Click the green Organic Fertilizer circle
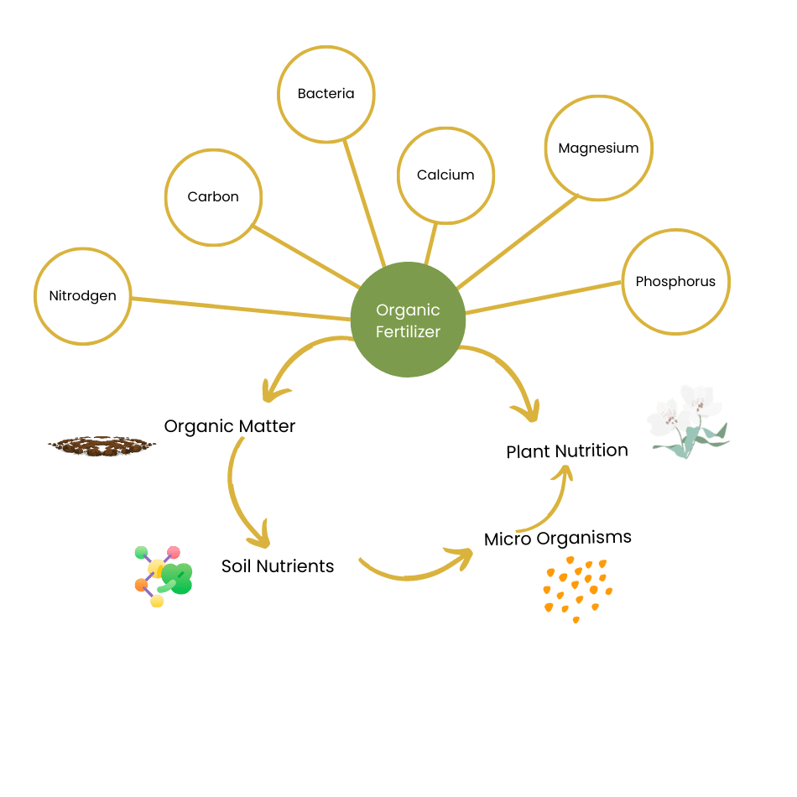tap(408, 320)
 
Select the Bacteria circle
tap(326, 94)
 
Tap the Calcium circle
tap(445, 175)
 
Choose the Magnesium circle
tap(598, 148)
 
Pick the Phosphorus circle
tap(675, 281)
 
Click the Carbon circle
tap(213, 196)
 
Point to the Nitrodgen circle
tap(82, 295)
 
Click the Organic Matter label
tap(229, 426)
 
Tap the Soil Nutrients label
tap(278, 566)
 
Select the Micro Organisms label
tap(558, 538)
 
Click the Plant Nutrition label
tap(566, 451)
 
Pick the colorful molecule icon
tap(163, 576)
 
